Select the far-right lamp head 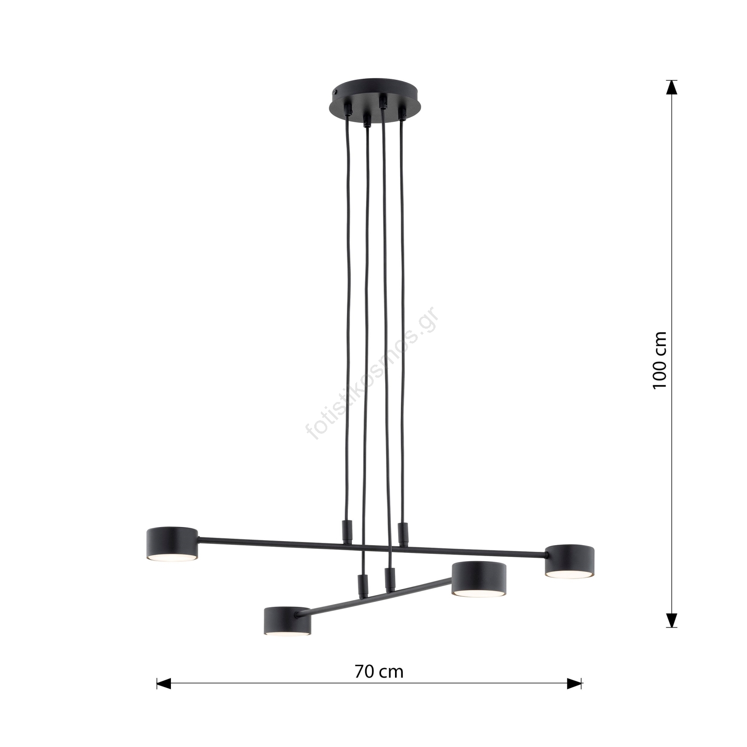570,561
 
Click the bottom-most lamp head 287,621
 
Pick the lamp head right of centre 479,579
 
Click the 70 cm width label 379,658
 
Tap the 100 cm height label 659,360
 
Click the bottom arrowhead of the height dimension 671,620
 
